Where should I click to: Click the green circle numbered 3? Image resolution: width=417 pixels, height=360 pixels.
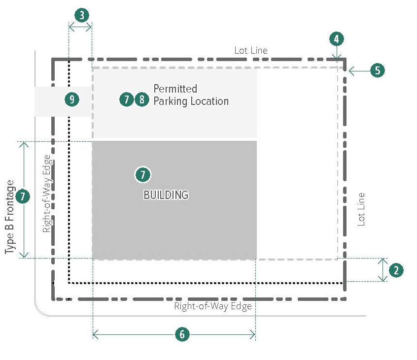pos(82,15)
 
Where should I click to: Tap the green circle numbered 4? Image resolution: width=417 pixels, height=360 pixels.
pos(337,39)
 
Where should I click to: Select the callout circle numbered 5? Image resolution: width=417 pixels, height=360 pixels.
pos(377,70)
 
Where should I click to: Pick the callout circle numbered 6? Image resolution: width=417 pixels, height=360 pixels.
pos(182,334)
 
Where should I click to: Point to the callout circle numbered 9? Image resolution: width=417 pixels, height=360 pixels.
pos(72,100)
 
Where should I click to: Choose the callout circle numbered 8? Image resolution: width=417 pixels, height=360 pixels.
pos(142,100)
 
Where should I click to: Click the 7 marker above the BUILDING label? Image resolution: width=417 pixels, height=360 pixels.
pos(142,174)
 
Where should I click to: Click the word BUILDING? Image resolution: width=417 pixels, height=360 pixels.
pos(166,195)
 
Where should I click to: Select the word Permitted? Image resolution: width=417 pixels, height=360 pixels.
pos(175,89)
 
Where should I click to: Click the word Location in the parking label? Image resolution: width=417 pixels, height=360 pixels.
pos(209,101)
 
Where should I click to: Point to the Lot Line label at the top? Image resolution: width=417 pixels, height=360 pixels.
pos(251,50)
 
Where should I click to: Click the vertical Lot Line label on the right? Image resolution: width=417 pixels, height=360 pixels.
pos(362,209)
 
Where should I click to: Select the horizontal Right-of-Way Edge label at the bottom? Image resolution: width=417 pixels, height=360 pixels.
pos(213,306)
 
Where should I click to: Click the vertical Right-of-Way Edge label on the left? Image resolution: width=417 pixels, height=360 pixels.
pos(47,193)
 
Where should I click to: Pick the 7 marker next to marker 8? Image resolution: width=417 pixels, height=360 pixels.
pos(127,100)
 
